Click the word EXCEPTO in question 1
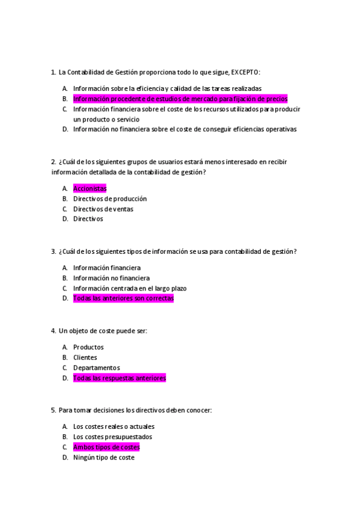click(x=245, y=72)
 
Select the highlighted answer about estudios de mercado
click(x=180, y=99)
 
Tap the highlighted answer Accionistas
click(x=90, y=189)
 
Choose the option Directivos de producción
click(x=110, y=199)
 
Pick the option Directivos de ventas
click(x=103, y=209)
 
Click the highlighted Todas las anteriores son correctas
click(x=123, y=298)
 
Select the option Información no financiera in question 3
click(x=111, y=278)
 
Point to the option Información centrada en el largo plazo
click(x=130, y=288)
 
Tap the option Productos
click(x=88, y=347)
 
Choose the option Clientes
click(x=85, y=357)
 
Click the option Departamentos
click(x=97, y=367)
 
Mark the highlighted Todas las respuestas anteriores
click(x=120, y=378)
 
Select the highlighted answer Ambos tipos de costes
click(x=106, y=447)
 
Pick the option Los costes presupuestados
click(x=113, y=437)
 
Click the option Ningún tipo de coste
click(x=104, y=458)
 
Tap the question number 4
click(x=53, y=331)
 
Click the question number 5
click(x=53, y=410)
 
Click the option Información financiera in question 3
click(x=107, y=268)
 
